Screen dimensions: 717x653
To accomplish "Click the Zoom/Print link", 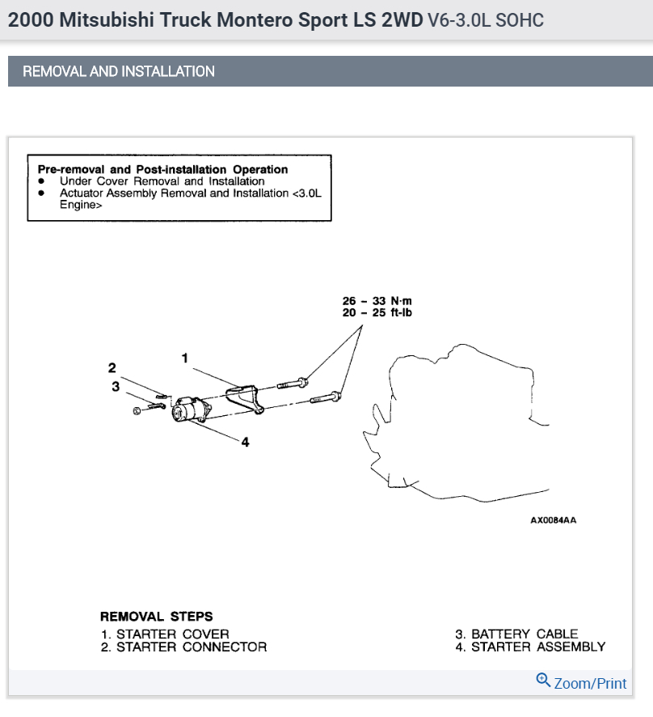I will point(590,683).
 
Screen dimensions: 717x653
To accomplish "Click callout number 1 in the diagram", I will point(185,357).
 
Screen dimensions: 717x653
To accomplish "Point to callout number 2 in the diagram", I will point(112,368).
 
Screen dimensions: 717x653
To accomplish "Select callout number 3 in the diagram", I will point(116,387).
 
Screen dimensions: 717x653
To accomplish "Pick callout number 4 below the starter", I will point(245,442).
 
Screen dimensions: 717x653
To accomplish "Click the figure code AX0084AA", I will point(554,520).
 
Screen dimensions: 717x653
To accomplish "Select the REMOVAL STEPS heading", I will point(157,617).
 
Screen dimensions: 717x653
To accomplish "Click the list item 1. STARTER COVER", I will point(165,634).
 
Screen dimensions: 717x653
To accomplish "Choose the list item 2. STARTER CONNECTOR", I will point(183,647).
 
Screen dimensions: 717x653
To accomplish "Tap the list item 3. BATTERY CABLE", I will point(516,634).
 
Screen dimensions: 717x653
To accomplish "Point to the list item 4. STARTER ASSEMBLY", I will point(529,647).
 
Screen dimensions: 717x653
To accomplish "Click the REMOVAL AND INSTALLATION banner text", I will point(119,71).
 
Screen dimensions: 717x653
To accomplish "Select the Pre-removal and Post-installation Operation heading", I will point(162,169).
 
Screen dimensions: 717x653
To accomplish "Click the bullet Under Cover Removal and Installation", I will point(162,181).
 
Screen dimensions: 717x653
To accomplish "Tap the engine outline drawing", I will point(469,429).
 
